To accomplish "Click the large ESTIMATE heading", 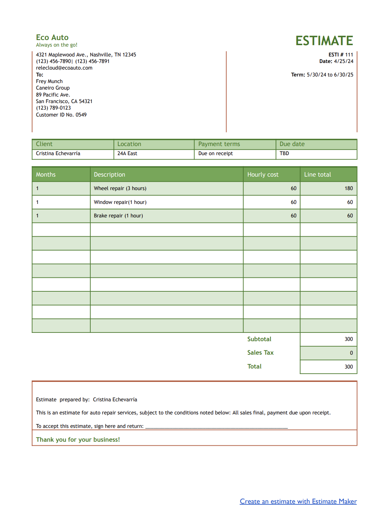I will (x=324, y=41).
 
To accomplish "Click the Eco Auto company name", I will (x=52, y=38).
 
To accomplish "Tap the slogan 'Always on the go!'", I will (x=56, y=45).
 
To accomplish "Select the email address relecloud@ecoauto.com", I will (x=64, y=68).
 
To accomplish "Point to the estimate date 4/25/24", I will (x=343, y=62).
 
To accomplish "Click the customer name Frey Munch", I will (x=49, y=82).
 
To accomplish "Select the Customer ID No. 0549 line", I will (x=61, y=115).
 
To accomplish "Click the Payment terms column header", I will (x=219, y=144).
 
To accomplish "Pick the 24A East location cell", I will (x=127, y=154).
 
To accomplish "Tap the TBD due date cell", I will (x=284, y=154).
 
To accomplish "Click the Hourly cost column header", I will (x=263, y=175).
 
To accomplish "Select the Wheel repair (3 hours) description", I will (x=120, y=189).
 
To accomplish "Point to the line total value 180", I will (x=348, y=189).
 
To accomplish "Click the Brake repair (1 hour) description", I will (x=118, y=216).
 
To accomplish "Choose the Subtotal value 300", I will (x=348, y=339).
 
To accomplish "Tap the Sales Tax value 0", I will (x=351, y=353).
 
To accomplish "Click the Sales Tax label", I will (x=260, y=353).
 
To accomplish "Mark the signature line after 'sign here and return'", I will (x=217, y=427).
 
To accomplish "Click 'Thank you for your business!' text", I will (x=78, y=440).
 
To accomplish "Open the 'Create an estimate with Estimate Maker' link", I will (x=298, y=502).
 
